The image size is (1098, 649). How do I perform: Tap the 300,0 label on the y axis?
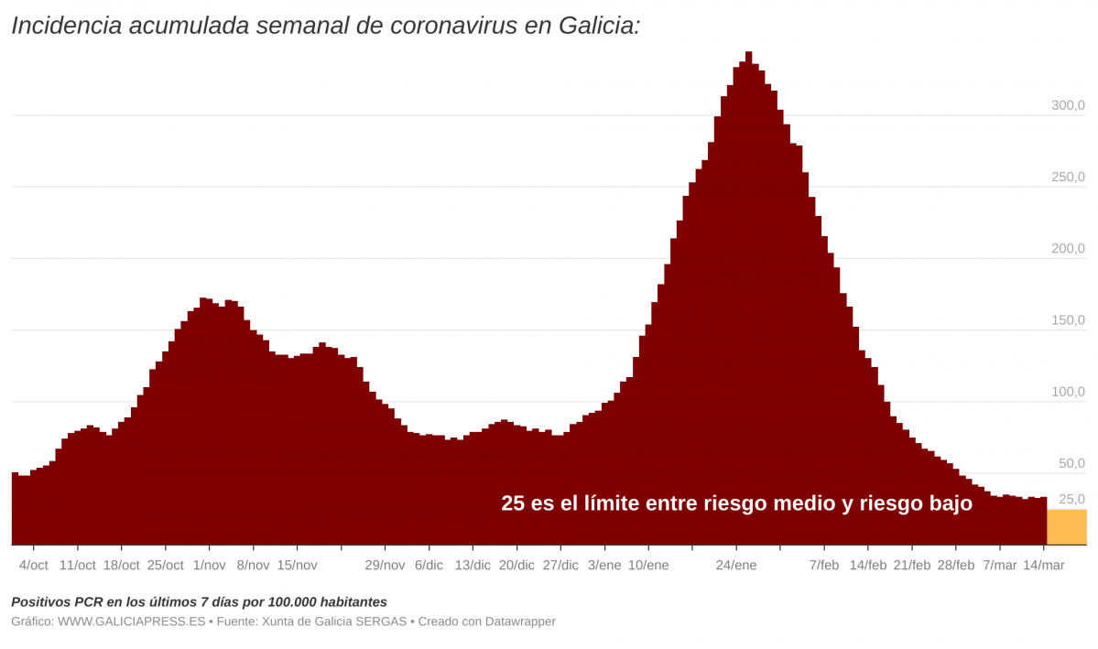[1068, 106]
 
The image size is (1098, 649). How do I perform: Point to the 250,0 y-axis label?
[1068, 178]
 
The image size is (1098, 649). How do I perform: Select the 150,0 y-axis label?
[1068, 320]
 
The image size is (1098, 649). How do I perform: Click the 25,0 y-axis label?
[1071, 499]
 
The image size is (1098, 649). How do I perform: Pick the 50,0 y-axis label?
[1071, 464]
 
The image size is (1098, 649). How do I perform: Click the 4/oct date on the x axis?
[34, 566]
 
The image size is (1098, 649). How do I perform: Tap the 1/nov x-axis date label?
[209, 566]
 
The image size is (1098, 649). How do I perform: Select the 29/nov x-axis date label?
[385, 566]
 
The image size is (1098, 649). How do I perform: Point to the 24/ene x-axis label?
[736, 566]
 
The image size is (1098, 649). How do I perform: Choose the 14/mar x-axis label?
[1043, 566]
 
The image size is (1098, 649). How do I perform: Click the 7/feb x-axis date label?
[824, 566]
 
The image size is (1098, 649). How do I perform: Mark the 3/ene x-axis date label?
[604, 566]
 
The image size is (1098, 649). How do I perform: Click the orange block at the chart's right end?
[1066, 527]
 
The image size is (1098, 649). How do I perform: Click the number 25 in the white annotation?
[513, 503]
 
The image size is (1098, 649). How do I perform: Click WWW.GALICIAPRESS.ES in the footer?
[132, 622]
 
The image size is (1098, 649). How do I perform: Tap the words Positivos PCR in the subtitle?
[54, 602]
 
